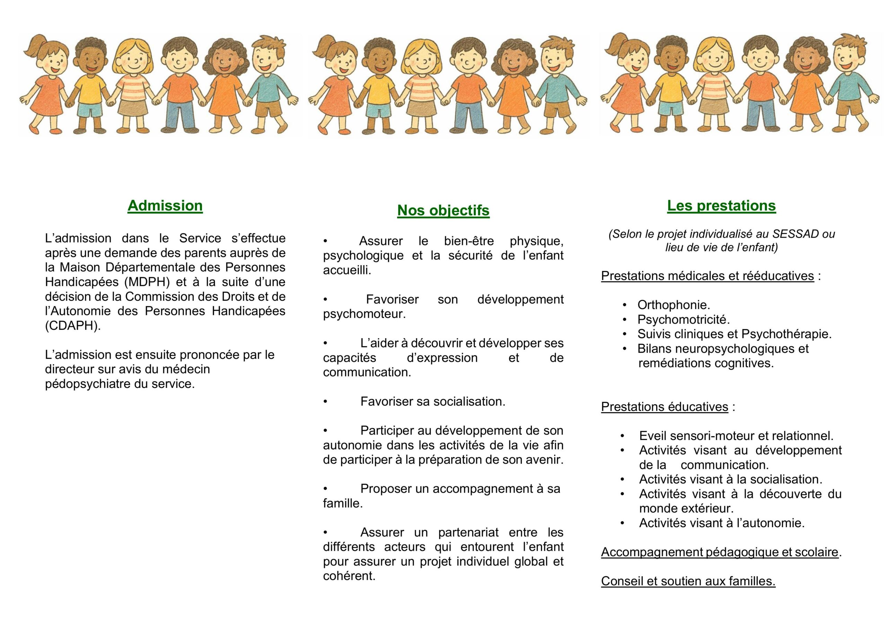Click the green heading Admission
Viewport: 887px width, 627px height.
click(165, 205)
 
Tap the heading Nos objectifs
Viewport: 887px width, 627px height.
click(443, 211)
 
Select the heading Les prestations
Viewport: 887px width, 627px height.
click(721, 205)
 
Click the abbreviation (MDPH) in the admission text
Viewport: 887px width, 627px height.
click(147, 282)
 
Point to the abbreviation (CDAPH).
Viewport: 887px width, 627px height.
click(73, 326)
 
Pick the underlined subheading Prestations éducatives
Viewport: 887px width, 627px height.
click(665, 407)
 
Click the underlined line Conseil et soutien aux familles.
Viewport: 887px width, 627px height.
click(688, 581)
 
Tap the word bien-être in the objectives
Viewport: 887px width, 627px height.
click(468, 241)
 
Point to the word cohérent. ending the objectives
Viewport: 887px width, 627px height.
click(349, 576)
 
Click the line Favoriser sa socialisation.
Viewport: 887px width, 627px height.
click(433, 402)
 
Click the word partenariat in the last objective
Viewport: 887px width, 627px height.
click(468, 533)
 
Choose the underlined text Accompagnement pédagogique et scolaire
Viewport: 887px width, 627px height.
click(720, 553)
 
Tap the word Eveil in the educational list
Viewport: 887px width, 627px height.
click(653, 436)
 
